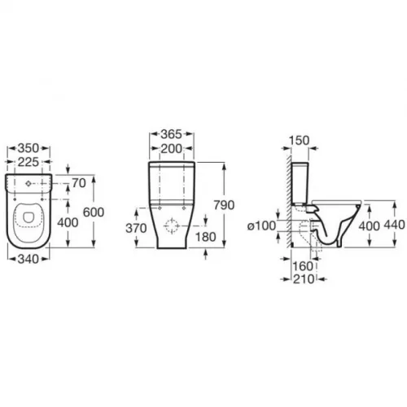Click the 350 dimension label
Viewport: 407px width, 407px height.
tap(28, 148)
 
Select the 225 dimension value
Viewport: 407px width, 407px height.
tap(28, 162)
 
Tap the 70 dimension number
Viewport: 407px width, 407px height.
tap(79, 183)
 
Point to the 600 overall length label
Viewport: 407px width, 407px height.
tap(94, 212)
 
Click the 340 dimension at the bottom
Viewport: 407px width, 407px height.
tap(28, 259)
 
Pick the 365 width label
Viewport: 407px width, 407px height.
tap(171, 134)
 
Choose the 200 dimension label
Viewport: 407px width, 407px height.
tap(171, 149)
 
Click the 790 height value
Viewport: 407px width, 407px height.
tap(224, 205)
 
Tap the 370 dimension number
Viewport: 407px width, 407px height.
tap(136, 229)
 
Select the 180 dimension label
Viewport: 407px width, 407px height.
tap(206, 237)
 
